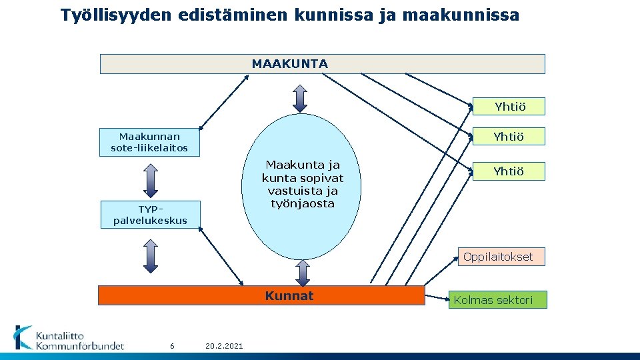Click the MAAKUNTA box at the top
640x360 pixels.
pyautogui.click(x=322, y=64)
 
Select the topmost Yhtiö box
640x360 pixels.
pyautogui.click(x=509, y=107)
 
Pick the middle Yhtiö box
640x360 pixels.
pyautogui.click(x=508, y=137)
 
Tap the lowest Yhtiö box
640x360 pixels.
pyautogui.click(x=508, y=171)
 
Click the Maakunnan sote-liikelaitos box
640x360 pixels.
pyautogui.click(x=149, y=141)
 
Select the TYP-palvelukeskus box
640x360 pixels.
pyautogui.click(x=150, y=214)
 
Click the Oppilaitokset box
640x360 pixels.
pyautogui.click(x=501, y=257)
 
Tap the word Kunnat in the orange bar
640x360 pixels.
pyautogui.click(x=289, y=295)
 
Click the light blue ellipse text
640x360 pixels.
pyautogui.click(x=303, y=183)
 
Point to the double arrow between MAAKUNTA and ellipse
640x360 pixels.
pyautogui.click(x=301, y=98)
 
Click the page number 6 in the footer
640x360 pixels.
pyautogui.click(x=172, y=345)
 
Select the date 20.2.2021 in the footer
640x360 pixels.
pyautogui.click(x=225, y=345)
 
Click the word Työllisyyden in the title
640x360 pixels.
pyautogui.click(x=117, y=15)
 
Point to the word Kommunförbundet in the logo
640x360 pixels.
pyautogui.click(x=80, y=345)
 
